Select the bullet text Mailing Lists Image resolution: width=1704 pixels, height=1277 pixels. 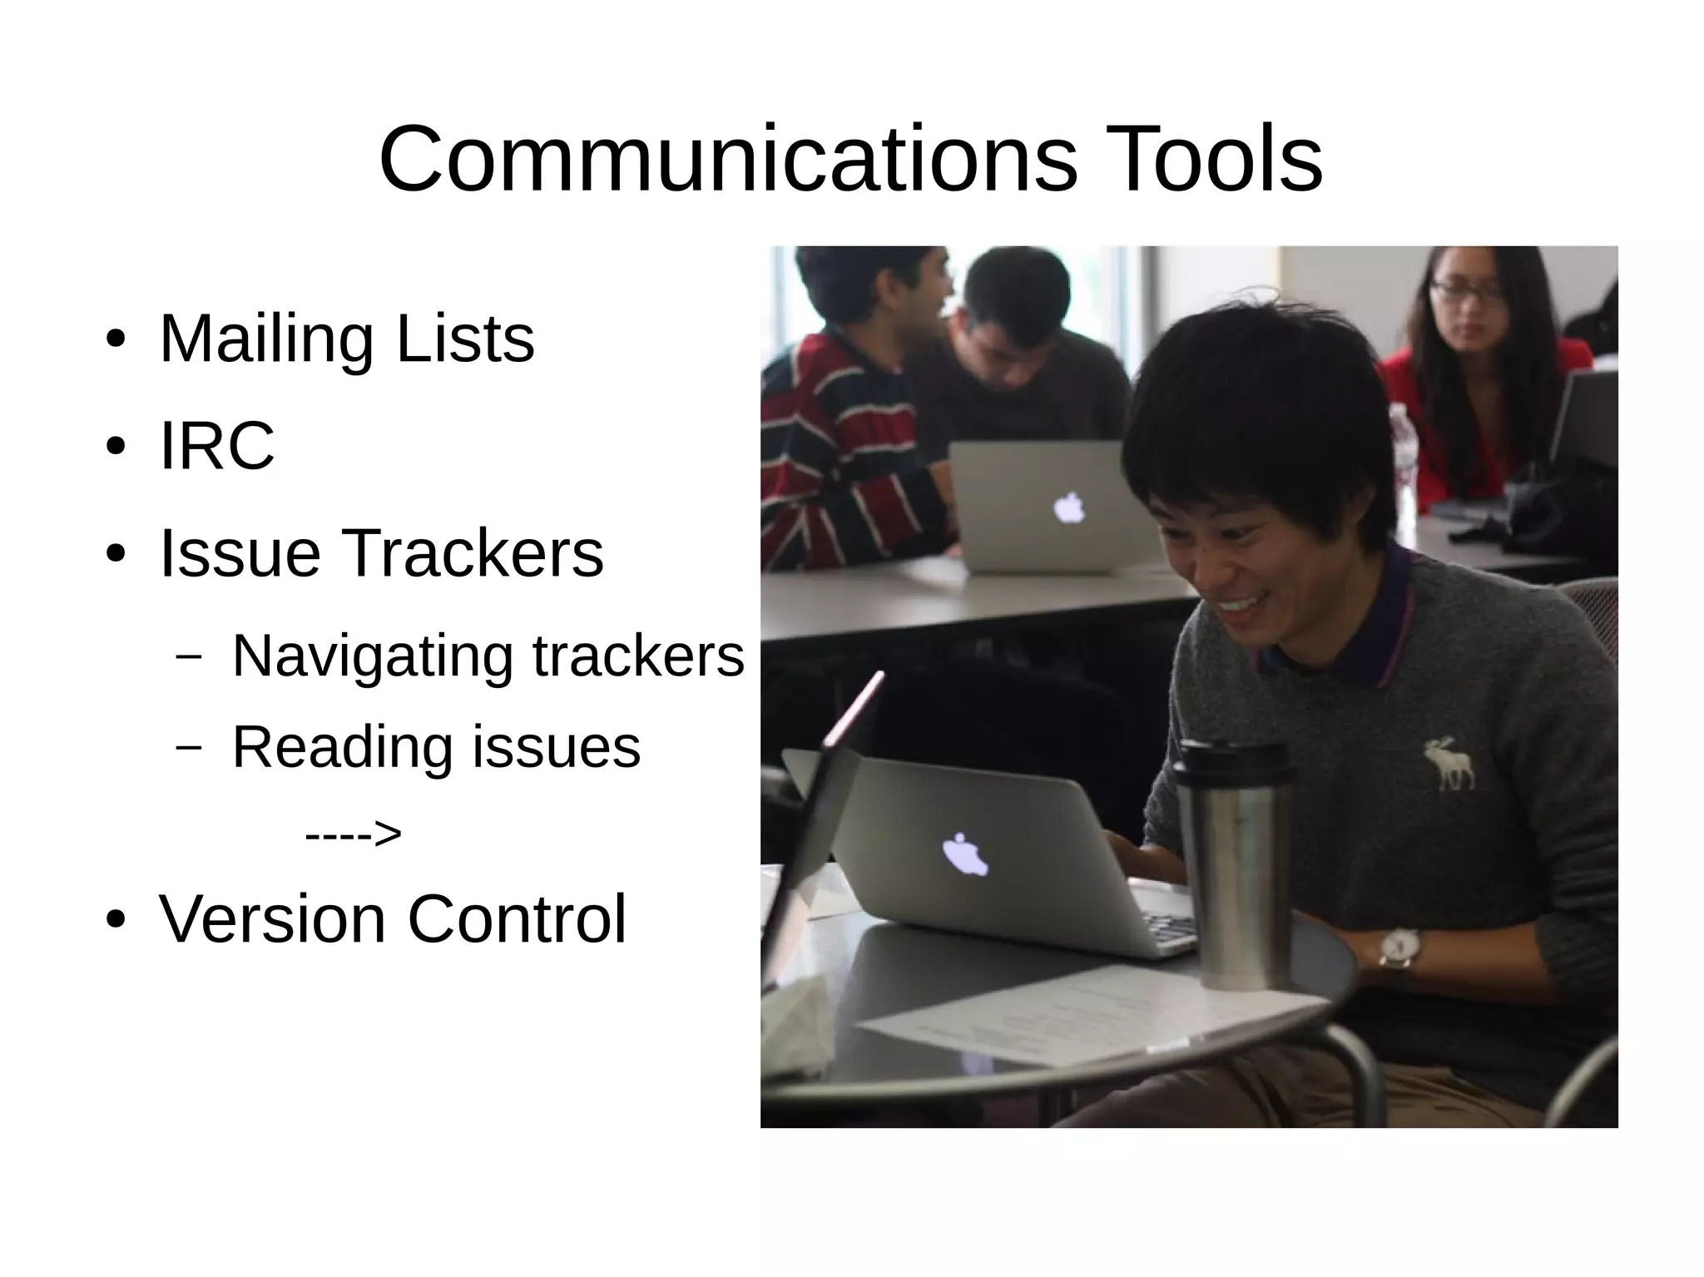point(346,339)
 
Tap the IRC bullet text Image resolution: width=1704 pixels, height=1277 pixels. point(216,446)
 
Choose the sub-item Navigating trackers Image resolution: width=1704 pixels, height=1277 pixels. point(488,656)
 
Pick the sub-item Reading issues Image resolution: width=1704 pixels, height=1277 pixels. point(436,746)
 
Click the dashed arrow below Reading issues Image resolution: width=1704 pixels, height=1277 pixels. point(353,833)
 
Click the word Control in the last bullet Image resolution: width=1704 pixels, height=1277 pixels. point(516,919)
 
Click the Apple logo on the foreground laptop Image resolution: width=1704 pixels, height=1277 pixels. point(965,855)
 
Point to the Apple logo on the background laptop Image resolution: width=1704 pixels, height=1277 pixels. point(1069,507)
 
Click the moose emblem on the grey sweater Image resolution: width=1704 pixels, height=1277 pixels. point(1449,763)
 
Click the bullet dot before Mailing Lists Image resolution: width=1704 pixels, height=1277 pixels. point(116,340)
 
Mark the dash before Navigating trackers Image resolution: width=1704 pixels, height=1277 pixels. point(189,656)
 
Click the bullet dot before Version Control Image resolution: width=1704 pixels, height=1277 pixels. point(116,920)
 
